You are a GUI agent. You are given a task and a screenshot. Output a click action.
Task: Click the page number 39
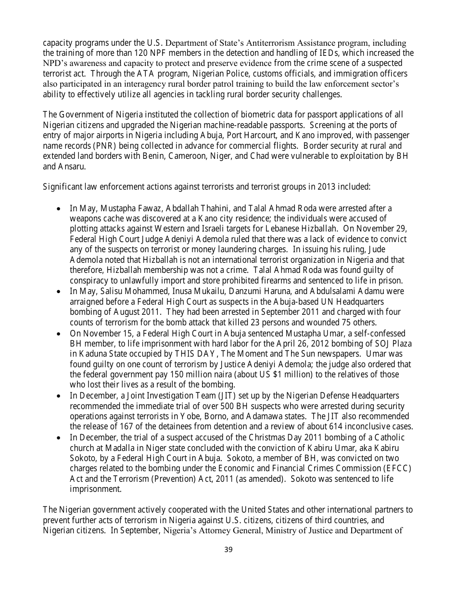coord(228,550)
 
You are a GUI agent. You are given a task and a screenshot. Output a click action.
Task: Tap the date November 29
coord(387,229)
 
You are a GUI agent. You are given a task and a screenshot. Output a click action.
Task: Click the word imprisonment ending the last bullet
coord(96,489)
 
